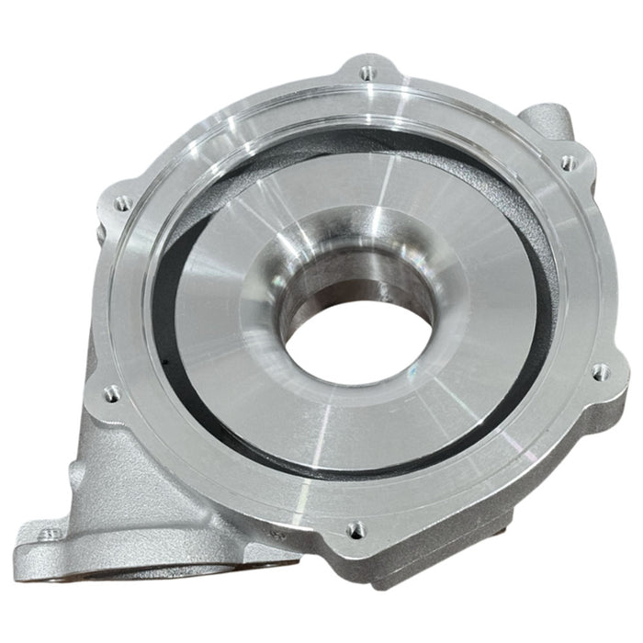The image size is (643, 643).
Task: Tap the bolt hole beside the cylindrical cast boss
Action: (x=570, y=163)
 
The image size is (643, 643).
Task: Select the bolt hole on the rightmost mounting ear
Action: (x=602, y=371)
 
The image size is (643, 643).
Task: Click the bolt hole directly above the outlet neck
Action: (x=112, y=393)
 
